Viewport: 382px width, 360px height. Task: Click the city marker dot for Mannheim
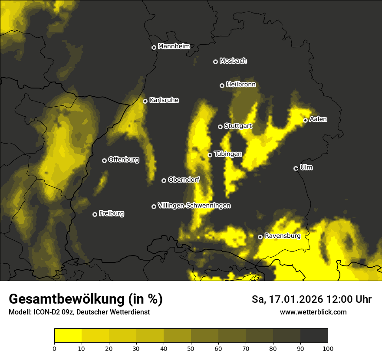(154, 48)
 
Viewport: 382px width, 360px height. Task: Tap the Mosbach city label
(233, 61)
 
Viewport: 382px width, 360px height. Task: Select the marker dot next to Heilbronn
(222, 85)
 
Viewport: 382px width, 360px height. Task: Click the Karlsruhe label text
(164, 100)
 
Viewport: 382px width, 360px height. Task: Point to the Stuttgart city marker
(220, 127)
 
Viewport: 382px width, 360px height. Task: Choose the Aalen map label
(318, 119)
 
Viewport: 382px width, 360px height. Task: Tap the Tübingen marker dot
(210, 155)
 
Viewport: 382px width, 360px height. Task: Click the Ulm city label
(306, 167)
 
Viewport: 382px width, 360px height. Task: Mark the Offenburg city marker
(104, 160)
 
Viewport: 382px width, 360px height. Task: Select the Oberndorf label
(184, 180)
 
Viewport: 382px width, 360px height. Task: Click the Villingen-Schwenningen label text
(194, 206)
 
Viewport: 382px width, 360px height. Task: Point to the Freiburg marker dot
(95, 214)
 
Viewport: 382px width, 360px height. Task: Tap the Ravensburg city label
(283, 236)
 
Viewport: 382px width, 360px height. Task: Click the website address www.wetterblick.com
(313, 312)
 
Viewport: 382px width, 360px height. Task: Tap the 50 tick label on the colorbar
(191, 348)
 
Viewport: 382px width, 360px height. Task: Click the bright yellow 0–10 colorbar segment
(68, 335)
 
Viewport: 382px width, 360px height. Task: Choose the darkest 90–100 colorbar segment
(314, 335)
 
